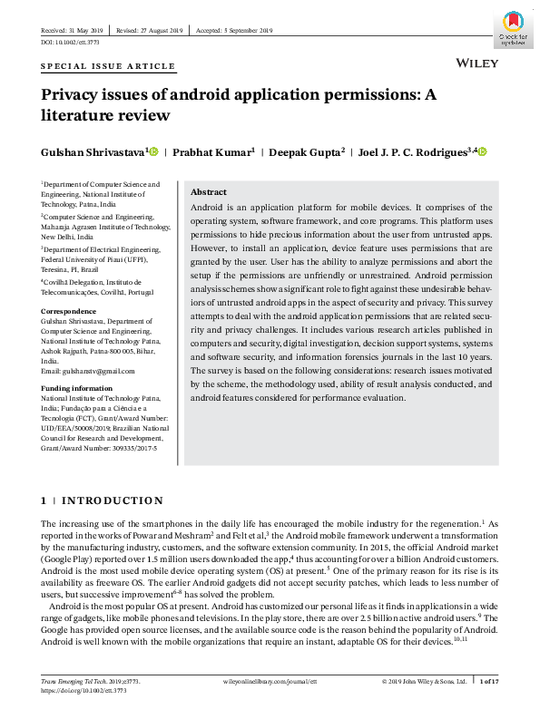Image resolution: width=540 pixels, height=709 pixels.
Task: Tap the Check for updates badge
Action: pos(514,30)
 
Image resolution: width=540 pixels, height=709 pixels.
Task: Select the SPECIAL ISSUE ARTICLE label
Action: pos(108,67)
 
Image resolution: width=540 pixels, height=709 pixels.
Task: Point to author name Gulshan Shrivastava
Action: pos(93,152)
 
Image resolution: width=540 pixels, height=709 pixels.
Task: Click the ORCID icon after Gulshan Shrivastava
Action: pos(153,151)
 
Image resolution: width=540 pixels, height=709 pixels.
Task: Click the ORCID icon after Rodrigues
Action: pos(482,151)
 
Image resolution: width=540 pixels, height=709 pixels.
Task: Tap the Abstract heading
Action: pos(209,192)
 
